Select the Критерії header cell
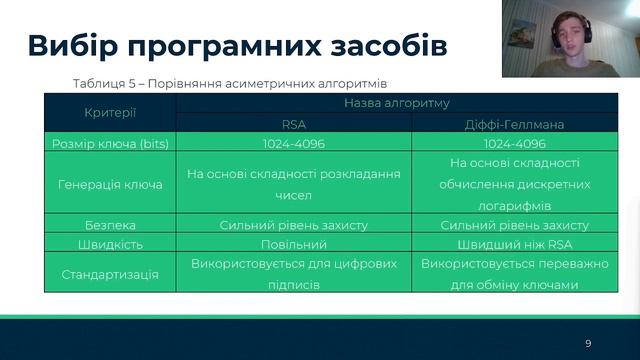point(110,113)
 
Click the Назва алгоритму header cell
point(396,103)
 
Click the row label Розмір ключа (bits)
point(110,144)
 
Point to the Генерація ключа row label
point(110,184)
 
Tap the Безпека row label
point(110,225)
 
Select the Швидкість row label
point(110,244)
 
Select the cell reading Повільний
point(294,244)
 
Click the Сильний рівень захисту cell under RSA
point(294,225)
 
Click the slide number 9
point(588,343)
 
